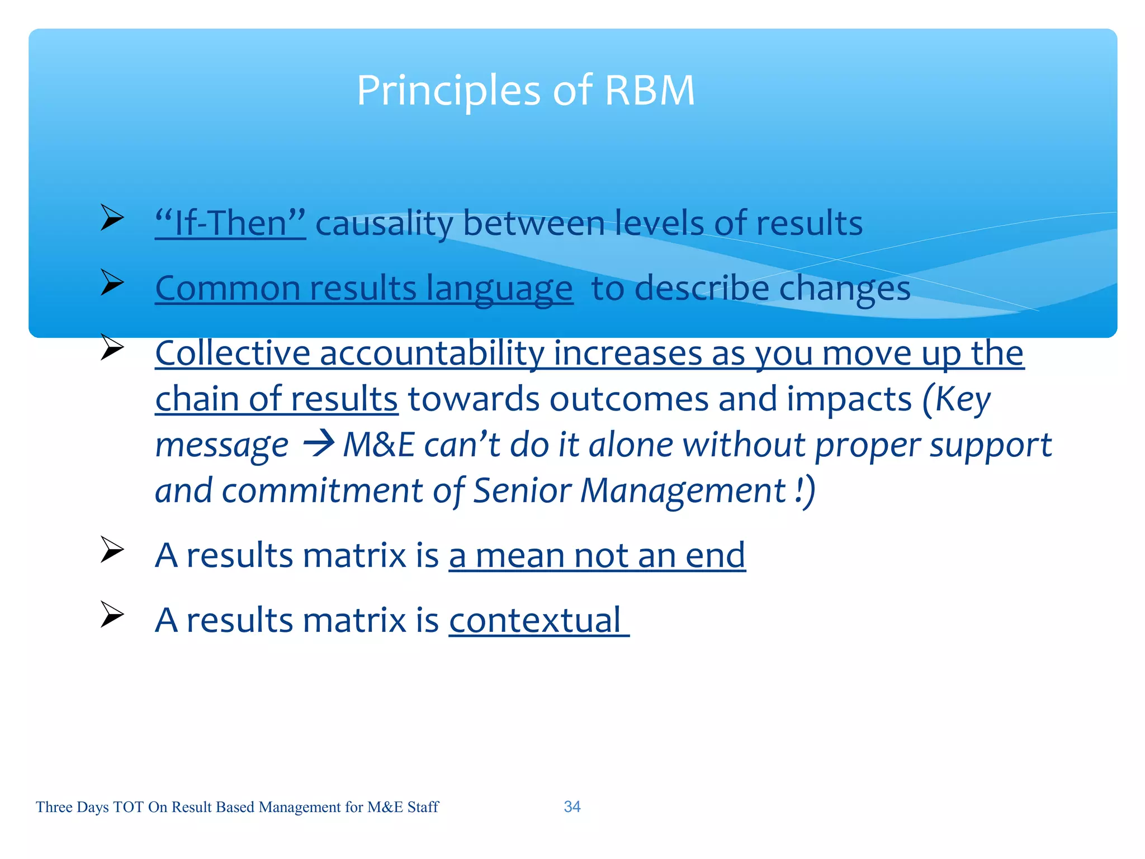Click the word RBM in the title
point(650,91)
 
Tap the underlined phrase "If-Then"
point(230,224)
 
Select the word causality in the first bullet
point(384,224)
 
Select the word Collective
point(233,353)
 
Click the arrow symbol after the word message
point(318,445)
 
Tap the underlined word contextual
point(535,621)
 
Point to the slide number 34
point(572,806)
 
